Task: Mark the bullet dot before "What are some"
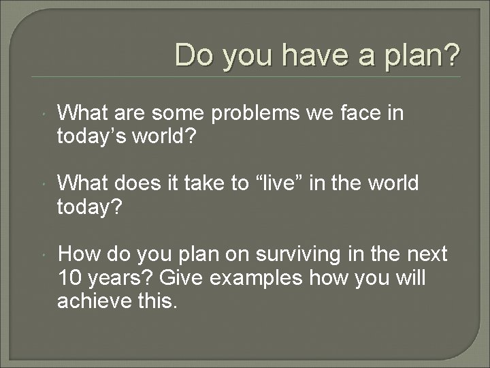click(43, 114)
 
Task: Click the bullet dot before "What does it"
click(43, 184)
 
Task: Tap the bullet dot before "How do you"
click(43, 255)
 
